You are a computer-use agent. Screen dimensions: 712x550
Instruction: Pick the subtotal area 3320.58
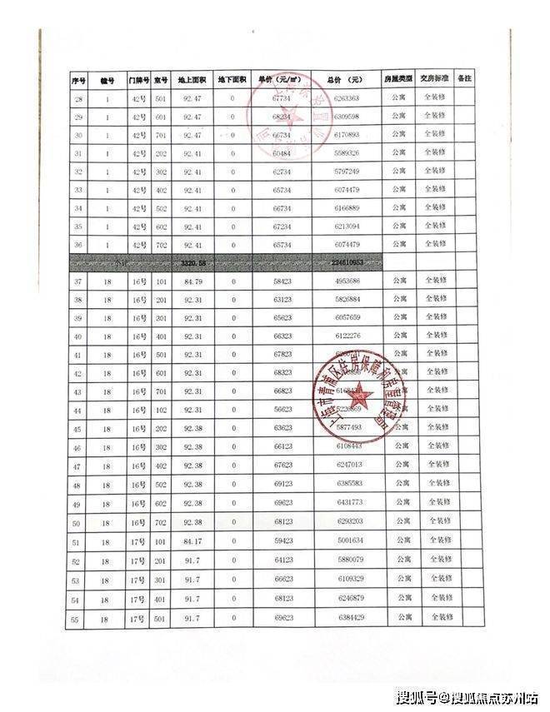192,263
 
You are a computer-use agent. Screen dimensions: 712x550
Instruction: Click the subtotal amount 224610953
343,263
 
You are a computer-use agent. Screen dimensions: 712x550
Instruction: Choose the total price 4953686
344,282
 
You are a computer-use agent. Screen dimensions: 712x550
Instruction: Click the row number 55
77,620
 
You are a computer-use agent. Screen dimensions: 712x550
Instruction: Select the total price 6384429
346,618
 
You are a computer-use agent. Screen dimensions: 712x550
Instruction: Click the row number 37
77,282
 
